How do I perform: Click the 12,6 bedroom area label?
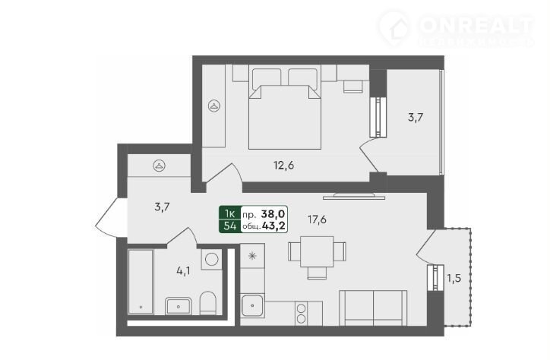pos(284,165)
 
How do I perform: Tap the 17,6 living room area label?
pos(317,219)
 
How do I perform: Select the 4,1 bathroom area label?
pos(183,270)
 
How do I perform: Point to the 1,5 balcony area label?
pos(454,279)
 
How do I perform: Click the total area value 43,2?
pos(273,226)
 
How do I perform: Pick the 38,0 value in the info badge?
pos(273,213)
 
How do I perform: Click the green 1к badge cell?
pos(230,213)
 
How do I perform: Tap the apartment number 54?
pos(230,226)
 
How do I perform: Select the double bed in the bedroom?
pos(284,109)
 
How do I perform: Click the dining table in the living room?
pos(317,251)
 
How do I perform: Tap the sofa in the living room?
pos(373,308)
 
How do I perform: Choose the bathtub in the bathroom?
pos(141,282)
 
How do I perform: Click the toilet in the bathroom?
pos(207,303)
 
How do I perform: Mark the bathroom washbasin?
pos(179,306)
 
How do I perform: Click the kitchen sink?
pos(252,305)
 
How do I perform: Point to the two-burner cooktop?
pos(302,313)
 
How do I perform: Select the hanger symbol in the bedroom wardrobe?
pos(214,106)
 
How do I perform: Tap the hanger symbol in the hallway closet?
pos(160,166)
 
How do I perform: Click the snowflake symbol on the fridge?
pos(252,256)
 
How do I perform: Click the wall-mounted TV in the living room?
pos(354,196)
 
